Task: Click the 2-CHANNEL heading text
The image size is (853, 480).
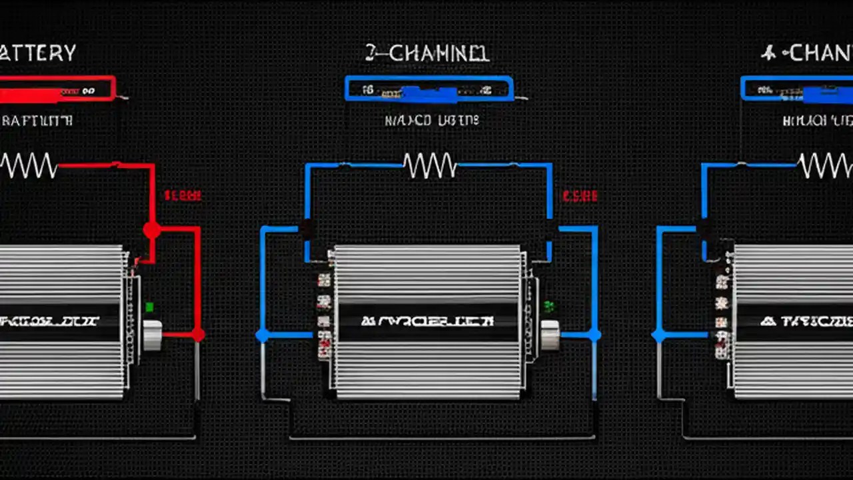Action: point(427,53)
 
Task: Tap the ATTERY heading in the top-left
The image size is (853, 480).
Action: point(38,53)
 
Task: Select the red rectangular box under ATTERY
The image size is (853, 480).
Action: point(57,89)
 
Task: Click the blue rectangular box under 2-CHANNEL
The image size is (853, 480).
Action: point(429,89)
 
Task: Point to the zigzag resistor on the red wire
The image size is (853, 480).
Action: point(29,165)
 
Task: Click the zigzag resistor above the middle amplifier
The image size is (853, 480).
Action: point(430,165)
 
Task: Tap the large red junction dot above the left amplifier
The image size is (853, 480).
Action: point(152,230)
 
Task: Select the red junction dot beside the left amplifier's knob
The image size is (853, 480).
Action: point(198,335)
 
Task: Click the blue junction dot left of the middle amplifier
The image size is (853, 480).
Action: point(262,335)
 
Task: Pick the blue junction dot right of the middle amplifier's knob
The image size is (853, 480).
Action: point(594,335)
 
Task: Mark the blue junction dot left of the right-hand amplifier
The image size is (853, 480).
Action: point(658,335)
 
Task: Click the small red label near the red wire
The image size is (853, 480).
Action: point(182,196)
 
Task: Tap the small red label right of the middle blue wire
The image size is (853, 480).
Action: point(580,196)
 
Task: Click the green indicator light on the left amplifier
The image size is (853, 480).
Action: point(149,307)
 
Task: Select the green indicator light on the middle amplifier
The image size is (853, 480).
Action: point(549,307)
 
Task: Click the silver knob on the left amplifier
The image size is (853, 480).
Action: point(153,335)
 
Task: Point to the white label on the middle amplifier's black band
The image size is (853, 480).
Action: point(427,321)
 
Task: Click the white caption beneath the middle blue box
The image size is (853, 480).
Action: point(431,121)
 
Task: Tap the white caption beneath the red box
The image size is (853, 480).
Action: point(37,121)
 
